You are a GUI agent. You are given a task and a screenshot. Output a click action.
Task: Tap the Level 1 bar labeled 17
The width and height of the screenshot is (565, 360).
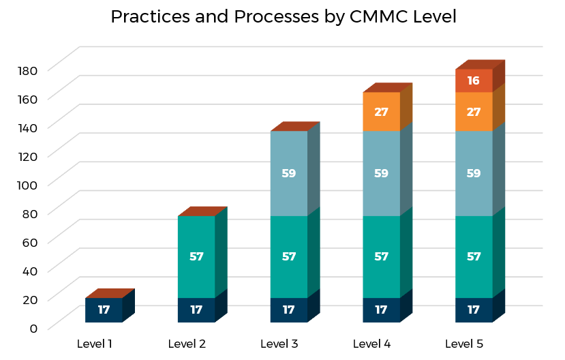tap(104, 310)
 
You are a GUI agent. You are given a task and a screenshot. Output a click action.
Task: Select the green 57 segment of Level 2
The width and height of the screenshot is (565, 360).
tap(196, 257)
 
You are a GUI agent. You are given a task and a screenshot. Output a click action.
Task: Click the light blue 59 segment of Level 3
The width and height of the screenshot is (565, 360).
tap(289, 173)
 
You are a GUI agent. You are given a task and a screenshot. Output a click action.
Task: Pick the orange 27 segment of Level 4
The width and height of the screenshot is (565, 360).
tap(381, 111)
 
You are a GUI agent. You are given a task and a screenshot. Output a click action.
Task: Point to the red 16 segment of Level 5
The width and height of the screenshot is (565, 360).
tap(474, 80)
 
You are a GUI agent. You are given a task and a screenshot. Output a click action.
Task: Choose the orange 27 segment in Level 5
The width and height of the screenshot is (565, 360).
tap(474, 111)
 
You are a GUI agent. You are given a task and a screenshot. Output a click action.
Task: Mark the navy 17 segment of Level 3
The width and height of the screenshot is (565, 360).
tap(289, 310)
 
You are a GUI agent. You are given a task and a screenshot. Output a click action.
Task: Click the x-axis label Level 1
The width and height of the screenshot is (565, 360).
tap(95, 344)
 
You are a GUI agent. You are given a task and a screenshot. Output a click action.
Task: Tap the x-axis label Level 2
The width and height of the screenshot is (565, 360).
tap(187, 344)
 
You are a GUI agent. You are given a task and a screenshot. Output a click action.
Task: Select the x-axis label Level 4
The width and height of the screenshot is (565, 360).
tap(372, 344)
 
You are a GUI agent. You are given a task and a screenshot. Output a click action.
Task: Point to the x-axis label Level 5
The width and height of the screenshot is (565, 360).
tap(464, 344)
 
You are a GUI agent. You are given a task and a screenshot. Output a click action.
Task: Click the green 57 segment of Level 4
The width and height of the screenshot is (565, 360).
tap(381, 257)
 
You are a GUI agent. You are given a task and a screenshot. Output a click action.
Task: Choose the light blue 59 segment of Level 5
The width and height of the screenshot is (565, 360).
tap(474, 173)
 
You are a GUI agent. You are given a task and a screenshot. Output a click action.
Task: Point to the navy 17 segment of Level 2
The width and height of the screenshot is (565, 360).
tap(196, 310)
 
